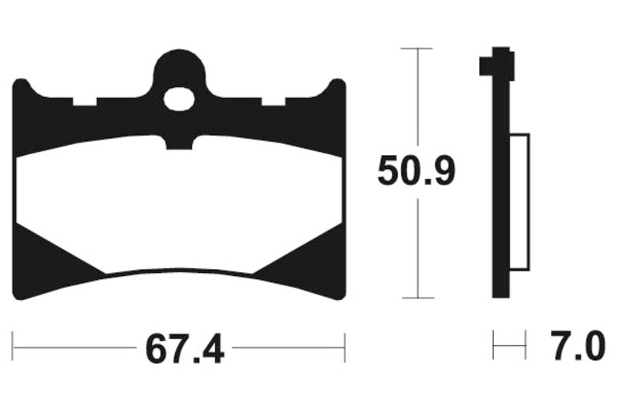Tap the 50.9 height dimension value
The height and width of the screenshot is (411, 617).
coord(416,171)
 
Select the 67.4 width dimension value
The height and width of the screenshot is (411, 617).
coord(184,350)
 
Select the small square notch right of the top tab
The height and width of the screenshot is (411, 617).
coord(273,101)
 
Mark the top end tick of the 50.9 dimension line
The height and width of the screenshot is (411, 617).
coord(417,49)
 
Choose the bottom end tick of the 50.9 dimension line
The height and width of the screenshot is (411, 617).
coord(417,298)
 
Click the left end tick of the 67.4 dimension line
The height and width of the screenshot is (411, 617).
coord(14,348)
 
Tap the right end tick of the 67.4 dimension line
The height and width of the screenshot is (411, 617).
coord(345,348)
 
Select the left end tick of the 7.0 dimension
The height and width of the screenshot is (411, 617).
coord(494,344)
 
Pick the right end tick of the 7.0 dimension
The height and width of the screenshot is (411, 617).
coord(525,344)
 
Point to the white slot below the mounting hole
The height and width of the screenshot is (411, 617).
coord(180,142)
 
